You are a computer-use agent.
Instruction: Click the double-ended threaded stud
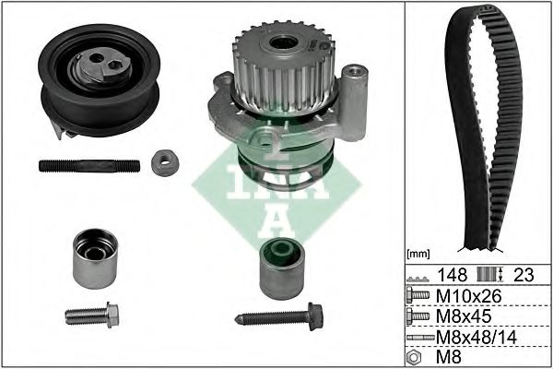tap(89, 166)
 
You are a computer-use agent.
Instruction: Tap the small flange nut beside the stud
tap(165, 162)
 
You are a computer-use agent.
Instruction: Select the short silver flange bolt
tap(92, 315)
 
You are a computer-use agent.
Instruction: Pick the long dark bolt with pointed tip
tap(279, 316)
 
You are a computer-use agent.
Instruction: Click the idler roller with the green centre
tap(282, 268)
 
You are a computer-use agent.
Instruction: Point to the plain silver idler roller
tap(95, 259)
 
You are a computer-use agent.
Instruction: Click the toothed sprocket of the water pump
tap(284, 67)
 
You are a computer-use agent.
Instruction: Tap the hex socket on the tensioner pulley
tap(113, 64)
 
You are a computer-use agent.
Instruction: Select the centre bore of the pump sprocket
tap(283, 42)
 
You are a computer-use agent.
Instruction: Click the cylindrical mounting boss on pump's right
tap(354, 102)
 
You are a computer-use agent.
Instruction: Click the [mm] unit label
tap(418, 254)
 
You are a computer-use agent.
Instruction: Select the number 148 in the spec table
tap(453, 275)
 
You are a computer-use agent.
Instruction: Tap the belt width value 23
tap(524, 275)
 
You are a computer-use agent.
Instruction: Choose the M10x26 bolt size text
tap(469, 296)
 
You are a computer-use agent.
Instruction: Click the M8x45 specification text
tap(464, 316)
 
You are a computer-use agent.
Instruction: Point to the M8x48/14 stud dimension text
tap(477, 338)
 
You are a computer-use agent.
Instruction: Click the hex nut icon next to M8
tap(414, 357)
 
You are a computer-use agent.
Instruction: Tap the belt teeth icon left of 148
tap(418, 279)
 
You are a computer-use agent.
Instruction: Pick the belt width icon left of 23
tap(490, 274)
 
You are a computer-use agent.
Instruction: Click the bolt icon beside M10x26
tap(418, 295)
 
